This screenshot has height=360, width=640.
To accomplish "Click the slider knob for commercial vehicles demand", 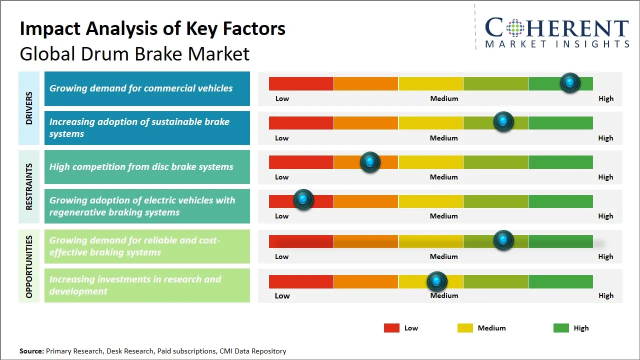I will pyautogui.click(x=570, y=83).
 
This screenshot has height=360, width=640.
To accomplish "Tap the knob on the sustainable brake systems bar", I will pyautogui.click(x=503, y=122).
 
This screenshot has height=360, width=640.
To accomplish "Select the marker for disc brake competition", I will pyautogui.click(x=370, y=162).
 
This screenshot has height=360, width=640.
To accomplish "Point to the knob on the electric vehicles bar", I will pyautogui.click(x=303, y=200).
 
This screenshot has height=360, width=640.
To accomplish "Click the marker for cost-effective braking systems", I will pyautogui.click(x=503, y=240).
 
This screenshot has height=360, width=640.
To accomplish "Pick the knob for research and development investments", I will pyautogui.click(x=437, y=281).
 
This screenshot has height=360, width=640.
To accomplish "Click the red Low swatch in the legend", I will pyautogui.click(x=391, y=328).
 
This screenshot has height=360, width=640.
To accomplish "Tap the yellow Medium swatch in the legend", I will pyautogui.click(x=465, y=328).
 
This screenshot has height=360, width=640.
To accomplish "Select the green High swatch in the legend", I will pyautogui.click(x=561, y=328).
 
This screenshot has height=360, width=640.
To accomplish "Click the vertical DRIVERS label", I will pyautogui.click(x=29, y=108).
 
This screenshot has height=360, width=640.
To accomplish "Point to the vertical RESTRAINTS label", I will pyautogui.click(x=29, y=186).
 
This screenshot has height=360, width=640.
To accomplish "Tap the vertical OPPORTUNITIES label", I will pyautogui.click(x=29, y=266).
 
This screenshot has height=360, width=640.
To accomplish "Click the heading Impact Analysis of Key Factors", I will pyautogui.click(x=152, y=29).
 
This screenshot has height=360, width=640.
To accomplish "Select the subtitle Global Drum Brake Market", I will pyautogui.click(x=134, y=53).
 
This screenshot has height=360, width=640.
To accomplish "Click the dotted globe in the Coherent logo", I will pyautogui.click(x=514, y=27).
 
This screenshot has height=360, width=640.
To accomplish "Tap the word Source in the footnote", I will pyautogui.click(x=31, y=351).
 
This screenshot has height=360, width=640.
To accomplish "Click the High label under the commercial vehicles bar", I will pyautogui.click(x=606, y=98).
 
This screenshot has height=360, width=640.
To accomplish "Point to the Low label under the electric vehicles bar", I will pyautogui.click(x=282, y=216).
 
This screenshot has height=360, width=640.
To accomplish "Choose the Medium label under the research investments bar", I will pyautogui.click(x=444, y=295).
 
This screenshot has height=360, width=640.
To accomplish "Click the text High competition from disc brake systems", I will pyautogui.click(x=141, y=167).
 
